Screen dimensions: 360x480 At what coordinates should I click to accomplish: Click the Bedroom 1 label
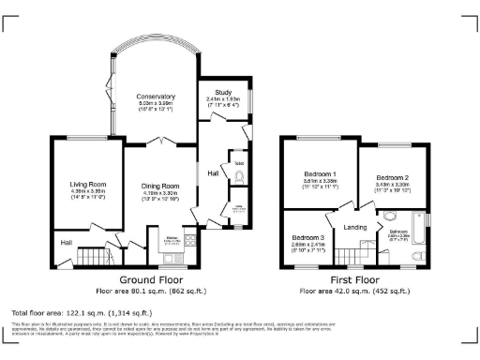tap(321, 174)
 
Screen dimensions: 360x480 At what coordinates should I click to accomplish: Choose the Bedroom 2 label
tap(393, 177)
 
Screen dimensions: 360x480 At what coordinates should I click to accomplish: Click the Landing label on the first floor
tap(355, 228)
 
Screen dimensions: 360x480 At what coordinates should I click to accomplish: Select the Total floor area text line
tap(79, 310)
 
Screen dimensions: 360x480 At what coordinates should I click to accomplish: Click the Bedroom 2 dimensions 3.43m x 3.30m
tap(393, 186)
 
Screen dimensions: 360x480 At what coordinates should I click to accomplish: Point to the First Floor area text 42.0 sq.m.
tap(354, 291)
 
